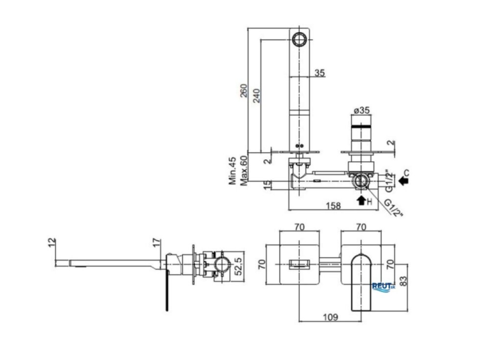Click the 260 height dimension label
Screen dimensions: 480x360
click(243, 90)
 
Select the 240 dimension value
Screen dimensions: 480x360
click(256, 95)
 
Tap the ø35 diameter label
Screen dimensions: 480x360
click(361, 110)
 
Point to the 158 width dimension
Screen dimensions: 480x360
click(333, 206)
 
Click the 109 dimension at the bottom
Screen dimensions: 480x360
click(330, 317)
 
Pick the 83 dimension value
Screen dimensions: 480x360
click(404, 281)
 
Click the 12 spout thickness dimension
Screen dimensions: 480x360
click(52, 242)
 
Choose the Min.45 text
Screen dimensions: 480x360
click(232, 170)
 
